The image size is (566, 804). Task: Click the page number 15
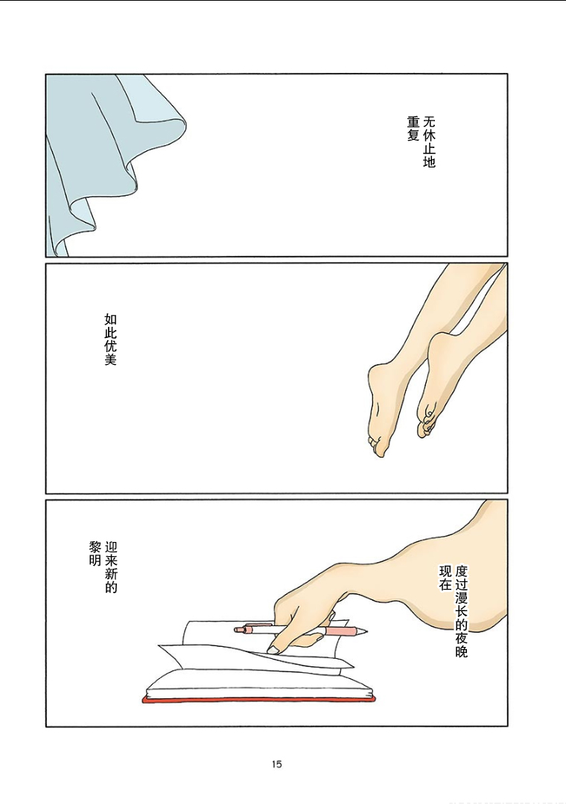pos(276,764)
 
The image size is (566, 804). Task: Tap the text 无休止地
pos(429,142)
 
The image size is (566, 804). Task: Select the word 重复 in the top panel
pos(413,129)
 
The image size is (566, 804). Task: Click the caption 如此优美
pos(110,339)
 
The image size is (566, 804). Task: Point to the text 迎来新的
pos(111,567)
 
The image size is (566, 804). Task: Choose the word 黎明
pos(95,554)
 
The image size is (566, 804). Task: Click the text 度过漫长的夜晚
pos(461,611)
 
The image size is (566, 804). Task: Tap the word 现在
pos(445,578)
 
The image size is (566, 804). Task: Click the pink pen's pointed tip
pos(366,631)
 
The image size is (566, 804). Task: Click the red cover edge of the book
pos(258,699)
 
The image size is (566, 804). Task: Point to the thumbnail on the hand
pos(273,650)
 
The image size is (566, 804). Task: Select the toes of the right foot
pos(425,423)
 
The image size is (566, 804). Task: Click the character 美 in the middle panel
pos(110,360)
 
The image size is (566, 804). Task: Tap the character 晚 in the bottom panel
pos(461,651)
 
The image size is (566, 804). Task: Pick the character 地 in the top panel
pos(429,162)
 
